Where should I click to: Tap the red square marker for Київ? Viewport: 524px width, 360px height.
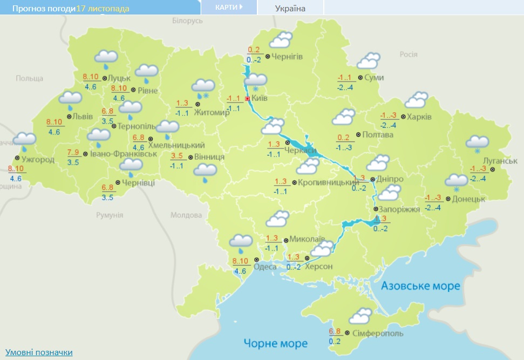coord(248,99)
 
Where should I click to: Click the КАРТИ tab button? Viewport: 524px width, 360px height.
coord(228,7)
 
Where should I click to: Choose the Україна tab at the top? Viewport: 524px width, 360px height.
coord(290,8)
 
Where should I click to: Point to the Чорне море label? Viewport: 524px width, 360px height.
coord(275,343)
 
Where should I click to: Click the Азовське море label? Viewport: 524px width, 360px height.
coord(421,286)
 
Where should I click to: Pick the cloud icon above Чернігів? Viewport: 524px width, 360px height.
coord(281,41)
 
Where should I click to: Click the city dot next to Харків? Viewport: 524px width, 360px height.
coord(403,116)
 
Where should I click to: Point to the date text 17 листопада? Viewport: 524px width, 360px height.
coord(103,9)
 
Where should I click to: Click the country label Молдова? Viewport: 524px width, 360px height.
coord(186,215)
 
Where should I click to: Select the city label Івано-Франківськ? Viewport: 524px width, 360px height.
coord(124,153)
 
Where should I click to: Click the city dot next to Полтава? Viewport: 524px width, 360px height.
coord(358,134)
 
